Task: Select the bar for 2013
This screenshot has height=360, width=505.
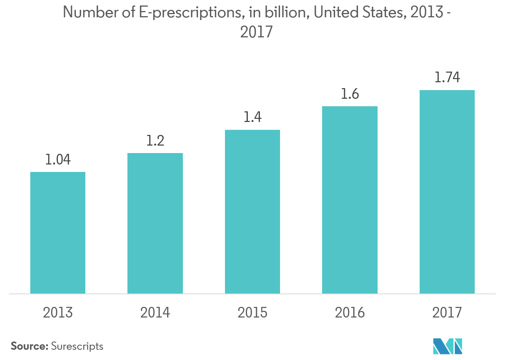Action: pos(58,233)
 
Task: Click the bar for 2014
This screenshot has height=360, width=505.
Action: pos(155,223)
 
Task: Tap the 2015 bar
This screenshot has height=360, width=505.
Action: pos(252,212)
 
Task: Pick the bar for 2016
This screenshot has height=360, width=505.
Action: pos(350,200)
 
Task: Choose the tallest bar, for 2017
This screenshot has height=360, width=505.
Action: pos(447,192)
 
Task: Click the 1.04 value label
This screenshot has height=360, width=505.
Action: pos(58,160)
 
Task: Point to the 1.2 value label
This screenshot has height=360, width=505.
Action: pos(155,141)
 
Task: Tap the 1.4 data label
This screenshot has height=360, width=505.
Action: pos(252,118)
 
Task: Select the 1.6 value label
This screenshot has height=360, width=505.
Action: pos(350,94)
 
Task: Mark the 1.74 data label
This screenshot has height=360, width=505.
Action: pos(447,78)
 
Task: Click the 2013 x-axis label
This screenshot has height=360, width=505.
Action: pos(58,313)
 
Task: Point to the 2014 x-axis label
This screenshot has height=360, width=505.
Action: pos(155,313)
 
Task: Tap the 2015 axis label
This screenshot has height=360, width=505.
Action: pos(252,313)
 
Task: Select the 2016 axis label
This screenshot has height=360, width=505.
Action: pos(350,313)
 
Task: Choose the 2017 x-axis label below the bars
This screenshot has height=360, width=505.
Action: pos(447,313)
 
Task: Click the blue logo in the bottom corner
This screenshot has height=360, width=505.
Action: pos(447,346)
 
